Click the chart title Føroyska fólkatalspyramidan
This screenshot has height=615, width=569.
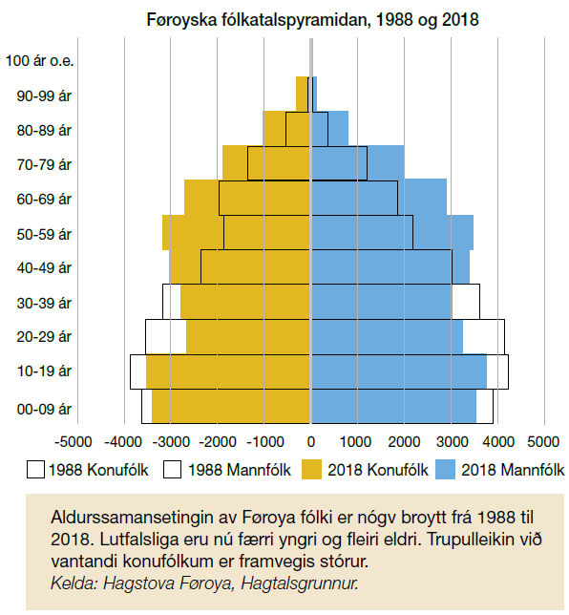(258, 19)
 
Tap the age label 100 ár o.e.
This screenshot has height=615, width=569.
(39, 61)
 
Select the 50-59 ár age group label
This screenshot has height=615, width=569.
(44, 234)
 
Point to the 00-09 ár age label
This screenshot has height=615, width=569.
(44, 409)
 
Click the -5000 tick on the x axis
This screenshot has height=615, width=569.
(74, 441)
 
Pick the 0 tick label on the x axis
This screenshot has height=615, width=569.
(311, 441)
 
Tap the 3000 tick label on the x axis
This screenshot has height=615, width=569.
(453, 441)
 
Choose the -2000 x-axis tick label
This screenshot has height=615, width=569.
(218, 441)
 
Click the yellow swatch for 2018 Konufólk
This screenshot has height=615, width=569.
(311, 470)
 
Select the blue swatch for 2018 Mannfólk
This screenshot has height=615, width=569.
(445, 470)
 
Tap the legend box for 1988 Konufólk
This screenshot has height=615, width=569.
(35, 470)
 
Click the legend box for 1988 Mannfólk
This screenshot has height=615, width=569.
(172, 470)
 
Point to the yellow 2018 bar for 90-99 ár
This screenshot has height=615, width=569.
(303, 94)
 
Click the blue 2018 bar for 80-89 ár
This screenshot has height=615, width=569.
(330, 128)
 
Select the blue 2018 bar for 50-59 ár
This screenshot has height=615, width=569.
(392, 232)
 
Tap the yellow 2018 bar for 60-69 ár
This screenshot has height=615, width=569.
(247, 198)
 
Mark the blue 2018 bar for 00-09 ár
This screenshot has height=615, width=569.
(394, 407)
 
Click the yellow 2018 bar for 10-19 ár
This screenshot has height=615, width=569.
(228, 371)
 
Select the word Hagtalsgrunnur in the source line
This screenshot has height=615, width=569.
(300, 583)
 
